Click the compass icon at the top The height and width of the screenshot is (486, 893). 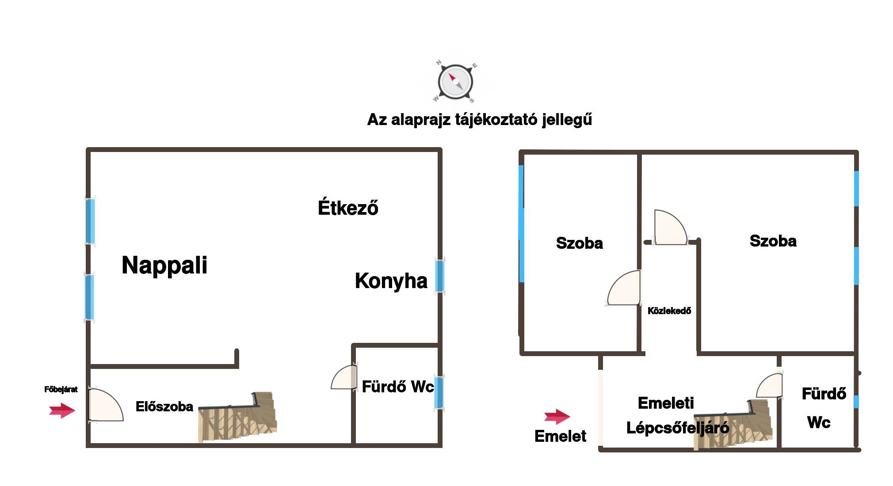455,82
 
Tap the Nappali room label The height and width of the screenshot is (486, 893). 164,265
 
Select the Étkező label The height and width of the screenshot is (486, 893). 348,208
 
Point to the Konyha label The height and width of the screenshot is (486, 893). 391,281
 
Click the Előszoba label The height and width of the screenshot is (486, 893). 164,406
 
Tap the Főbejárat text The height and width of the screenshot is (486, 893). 61,389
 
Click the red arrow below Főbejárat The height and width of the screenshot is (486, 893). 62,410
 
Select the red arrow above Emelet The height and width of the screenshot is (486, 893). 557,416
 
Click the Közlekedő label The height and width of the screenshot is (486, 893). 669,311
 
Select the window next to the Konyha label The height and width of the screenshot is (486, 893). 439,276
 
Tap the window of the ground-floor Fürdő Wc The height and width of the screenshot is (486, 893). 439,392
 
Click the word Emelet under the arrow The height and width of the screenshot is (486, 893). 560,436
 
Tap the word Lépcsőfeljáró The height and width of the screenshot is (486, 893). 677,428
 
